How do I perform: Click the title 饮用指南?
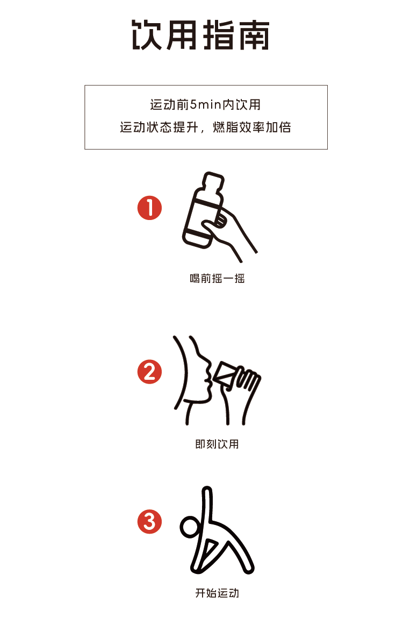201,35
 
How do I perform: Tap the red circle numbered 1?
149,208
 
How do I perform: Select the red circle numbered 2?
149,372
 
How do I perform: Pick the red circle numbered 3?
149,521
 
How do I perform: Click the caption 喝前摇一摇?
217,278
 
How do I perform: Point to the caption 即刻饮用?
217,444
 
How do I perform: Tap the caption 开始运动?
217,593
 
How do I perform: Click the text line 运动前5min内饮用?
205,105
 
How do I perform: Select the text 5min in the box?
205,105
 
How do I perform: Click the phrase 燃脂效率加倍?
252,127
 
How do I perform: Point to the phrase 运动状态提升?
159,127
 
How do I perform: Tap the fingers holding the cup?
248,380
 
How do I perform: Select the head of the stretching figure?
190,527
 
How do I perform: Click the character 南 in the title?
254,35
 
